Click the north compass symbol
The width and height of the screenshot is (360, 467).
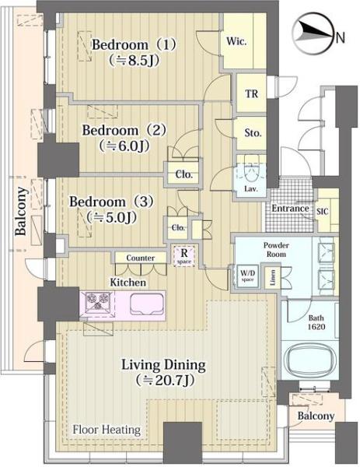click(312, 33)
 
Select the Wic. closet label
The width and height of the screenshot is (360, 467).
click(236, 41)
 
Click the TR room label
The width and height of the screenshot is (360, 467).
click(251, 94)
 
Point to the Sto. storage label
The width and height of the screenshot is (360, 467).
click(253, 132)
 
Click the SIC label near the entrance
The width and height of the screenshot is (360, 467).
click(323, 212)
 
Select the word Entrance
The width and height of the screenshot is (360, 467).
click(290, 208)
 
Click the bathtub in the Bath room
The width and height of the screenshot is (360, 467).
click(310, 360)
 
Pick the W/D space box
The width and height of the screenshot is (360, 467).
click(247, 276)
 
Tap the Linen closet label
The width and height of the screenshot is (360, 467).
click(273, 277)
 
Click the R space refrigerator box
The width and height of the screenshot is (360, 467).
click(184, 255)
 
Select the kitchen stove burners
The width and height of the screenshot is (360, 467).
click(97, 301)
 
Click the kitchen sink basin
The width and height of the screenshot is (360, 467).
click(147, 304)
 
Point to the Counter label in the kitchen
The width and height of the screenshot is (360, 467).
click(141, 258)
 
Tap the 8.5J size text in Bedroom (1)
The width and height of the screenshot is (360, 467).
click(134, 61)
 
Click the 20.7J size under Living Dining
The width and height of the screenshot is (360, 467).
click(166, 380)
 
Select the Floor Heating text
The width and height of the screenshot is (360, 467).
click(107, 430)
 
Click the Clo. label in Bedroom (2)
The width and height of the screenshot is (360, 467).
click(183, 174)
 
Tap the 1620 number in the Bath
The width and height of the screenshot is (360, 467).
click(316, 327)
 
